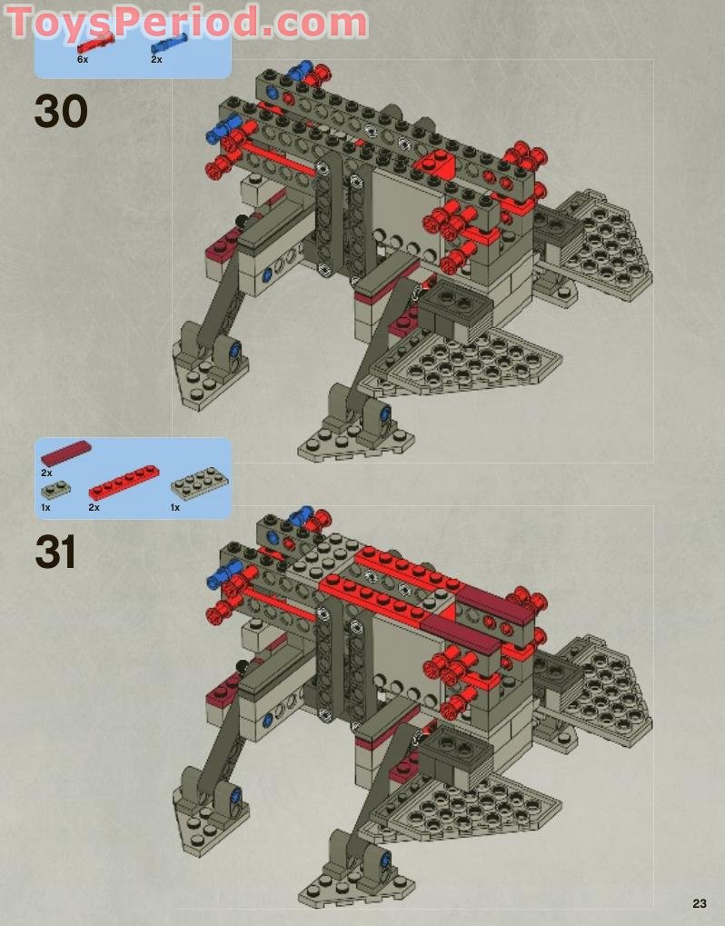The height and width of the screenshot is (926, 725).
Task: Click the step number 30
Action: (x=61, y=111)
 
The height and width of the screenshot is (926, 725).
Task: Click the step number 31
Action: (x=55, y=552)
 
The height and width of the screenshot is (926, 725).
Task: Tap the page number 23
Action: (x=700, y=903)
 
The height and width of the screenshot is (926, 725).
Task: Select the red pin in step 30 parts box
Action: (x=95, y=44)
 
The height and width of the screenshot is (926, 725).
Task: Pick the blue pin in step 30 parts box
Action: (x=169, y=44)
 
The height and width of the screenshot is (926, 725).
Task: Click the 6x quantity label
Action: (x=83, y=60)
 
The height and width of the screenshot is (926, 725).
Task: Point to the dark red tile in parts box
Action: (x=66, y=453)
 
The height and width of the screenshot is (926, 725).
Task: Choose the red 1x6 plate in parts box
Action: (x=124, y=483)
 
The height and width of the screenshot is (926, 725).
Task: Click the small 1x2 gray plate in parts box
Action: (x=56, y=490)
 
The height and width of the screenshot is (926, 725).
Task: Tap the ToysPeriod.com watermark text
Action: (x=186, y=23)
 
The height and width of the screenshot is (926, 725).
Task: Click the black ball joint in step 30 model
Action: (x=242, y=222)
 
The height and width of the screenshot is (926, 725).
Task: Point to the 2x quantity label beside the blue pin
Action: (x=156, y=60)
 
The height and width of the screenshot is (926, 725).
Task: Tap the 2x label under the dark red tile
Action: (x=46, y=473)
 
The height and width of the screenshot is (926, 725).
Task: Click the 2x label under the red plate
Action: (x=94, y=507)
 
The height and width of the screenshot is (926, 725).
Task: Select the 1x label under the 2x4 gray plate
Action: (x=175, y=507)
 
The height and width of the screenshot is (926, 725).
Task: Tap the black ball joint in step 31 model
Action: (x=242, y=667)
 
